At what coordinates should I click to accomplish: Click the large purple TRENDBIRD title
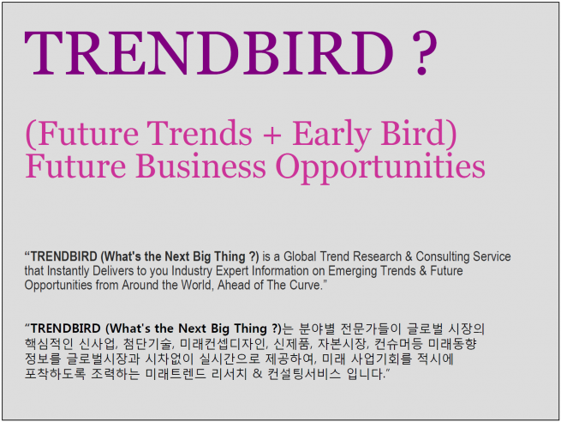(x=209, y=53)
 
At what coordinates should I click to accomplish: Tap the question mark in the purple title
(x=424, y=53)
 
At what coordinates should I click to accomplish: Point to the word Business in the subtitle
(x=200, y=166)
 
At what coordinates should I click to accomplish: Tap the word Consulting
(x=443, y=256)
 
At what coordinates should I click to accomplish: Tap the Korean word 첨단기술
(x=148, y=344)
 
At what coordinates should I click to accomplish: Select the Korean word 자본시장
(x=343, y=344)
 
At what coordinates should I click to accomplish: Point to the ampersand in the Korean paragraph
(x=257, y=374)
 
